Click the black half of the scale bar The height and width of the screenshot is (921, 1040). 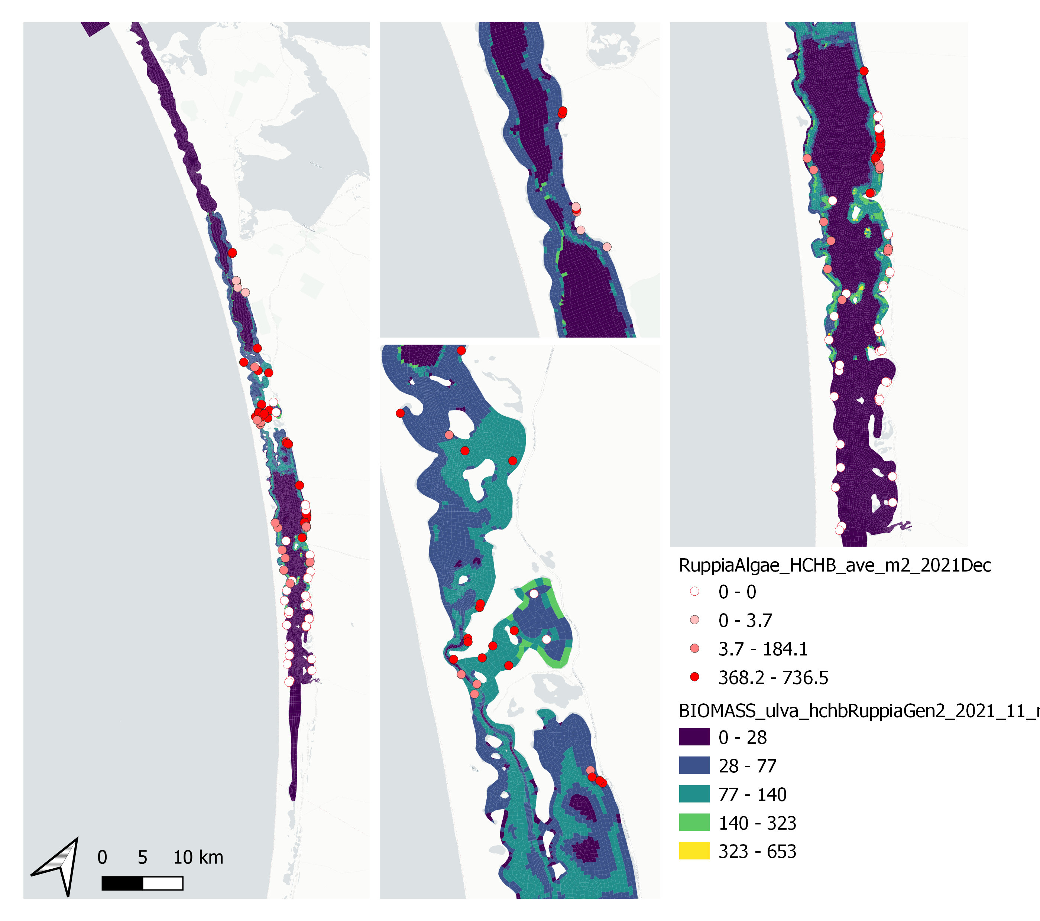[x=122, y=883]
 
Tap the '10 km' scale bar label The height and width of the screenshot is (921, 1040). [x=198, y=857]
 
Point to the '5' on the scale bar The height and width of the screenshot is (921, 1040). [x=142, y=857]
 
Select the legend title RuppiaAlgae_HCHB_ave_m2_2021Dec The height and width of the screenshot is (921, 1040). [x=835, y=566]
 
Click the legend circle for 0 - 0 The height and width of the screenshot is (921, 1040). [x=694, y=592]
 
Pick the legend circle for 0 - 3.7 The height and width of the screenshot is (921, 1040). [x=694, y=620]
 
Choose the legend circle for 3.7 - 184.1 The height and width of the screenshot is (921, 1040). [x=694, y=648]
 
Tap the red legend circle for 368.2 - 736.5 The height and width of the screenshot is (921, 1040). [x=694, y=677]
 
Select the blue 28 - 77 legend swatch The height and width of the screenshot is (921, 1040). [x=694, y=765]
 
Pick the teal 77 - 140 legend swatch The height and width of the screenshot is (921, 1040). [x=694, y=794]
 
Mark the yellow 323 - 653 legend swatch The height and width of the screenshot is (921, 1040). [x=694, y=851]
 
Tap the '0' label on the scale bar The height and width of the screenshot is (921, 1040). [x=102, y=857]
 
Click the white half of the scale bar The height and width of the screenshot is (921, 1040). [x=163, y=883]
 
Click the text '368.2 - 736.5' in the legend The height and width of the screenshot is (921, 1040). [x=773, y=677]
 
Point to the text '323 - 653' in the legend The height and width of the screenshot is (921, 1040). [x=757, y=851]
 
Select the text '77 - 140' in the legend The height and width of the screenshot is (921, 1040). [x=752, y=794]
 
